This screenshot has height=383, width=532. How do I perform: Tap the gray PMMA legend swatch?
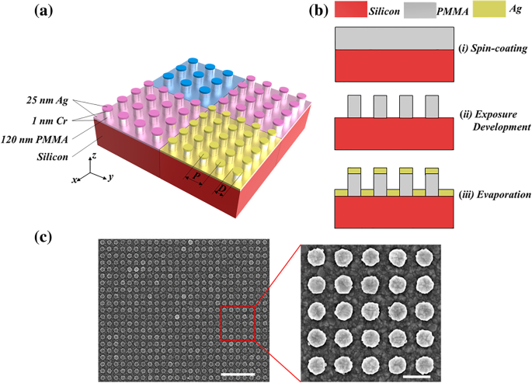click(x=431, y=13)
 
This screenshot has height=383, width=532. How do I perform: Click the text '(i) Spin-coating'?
click(x=495, y=48)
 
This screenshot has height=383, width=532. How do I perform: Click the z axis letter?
click(x=94, y=155)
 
